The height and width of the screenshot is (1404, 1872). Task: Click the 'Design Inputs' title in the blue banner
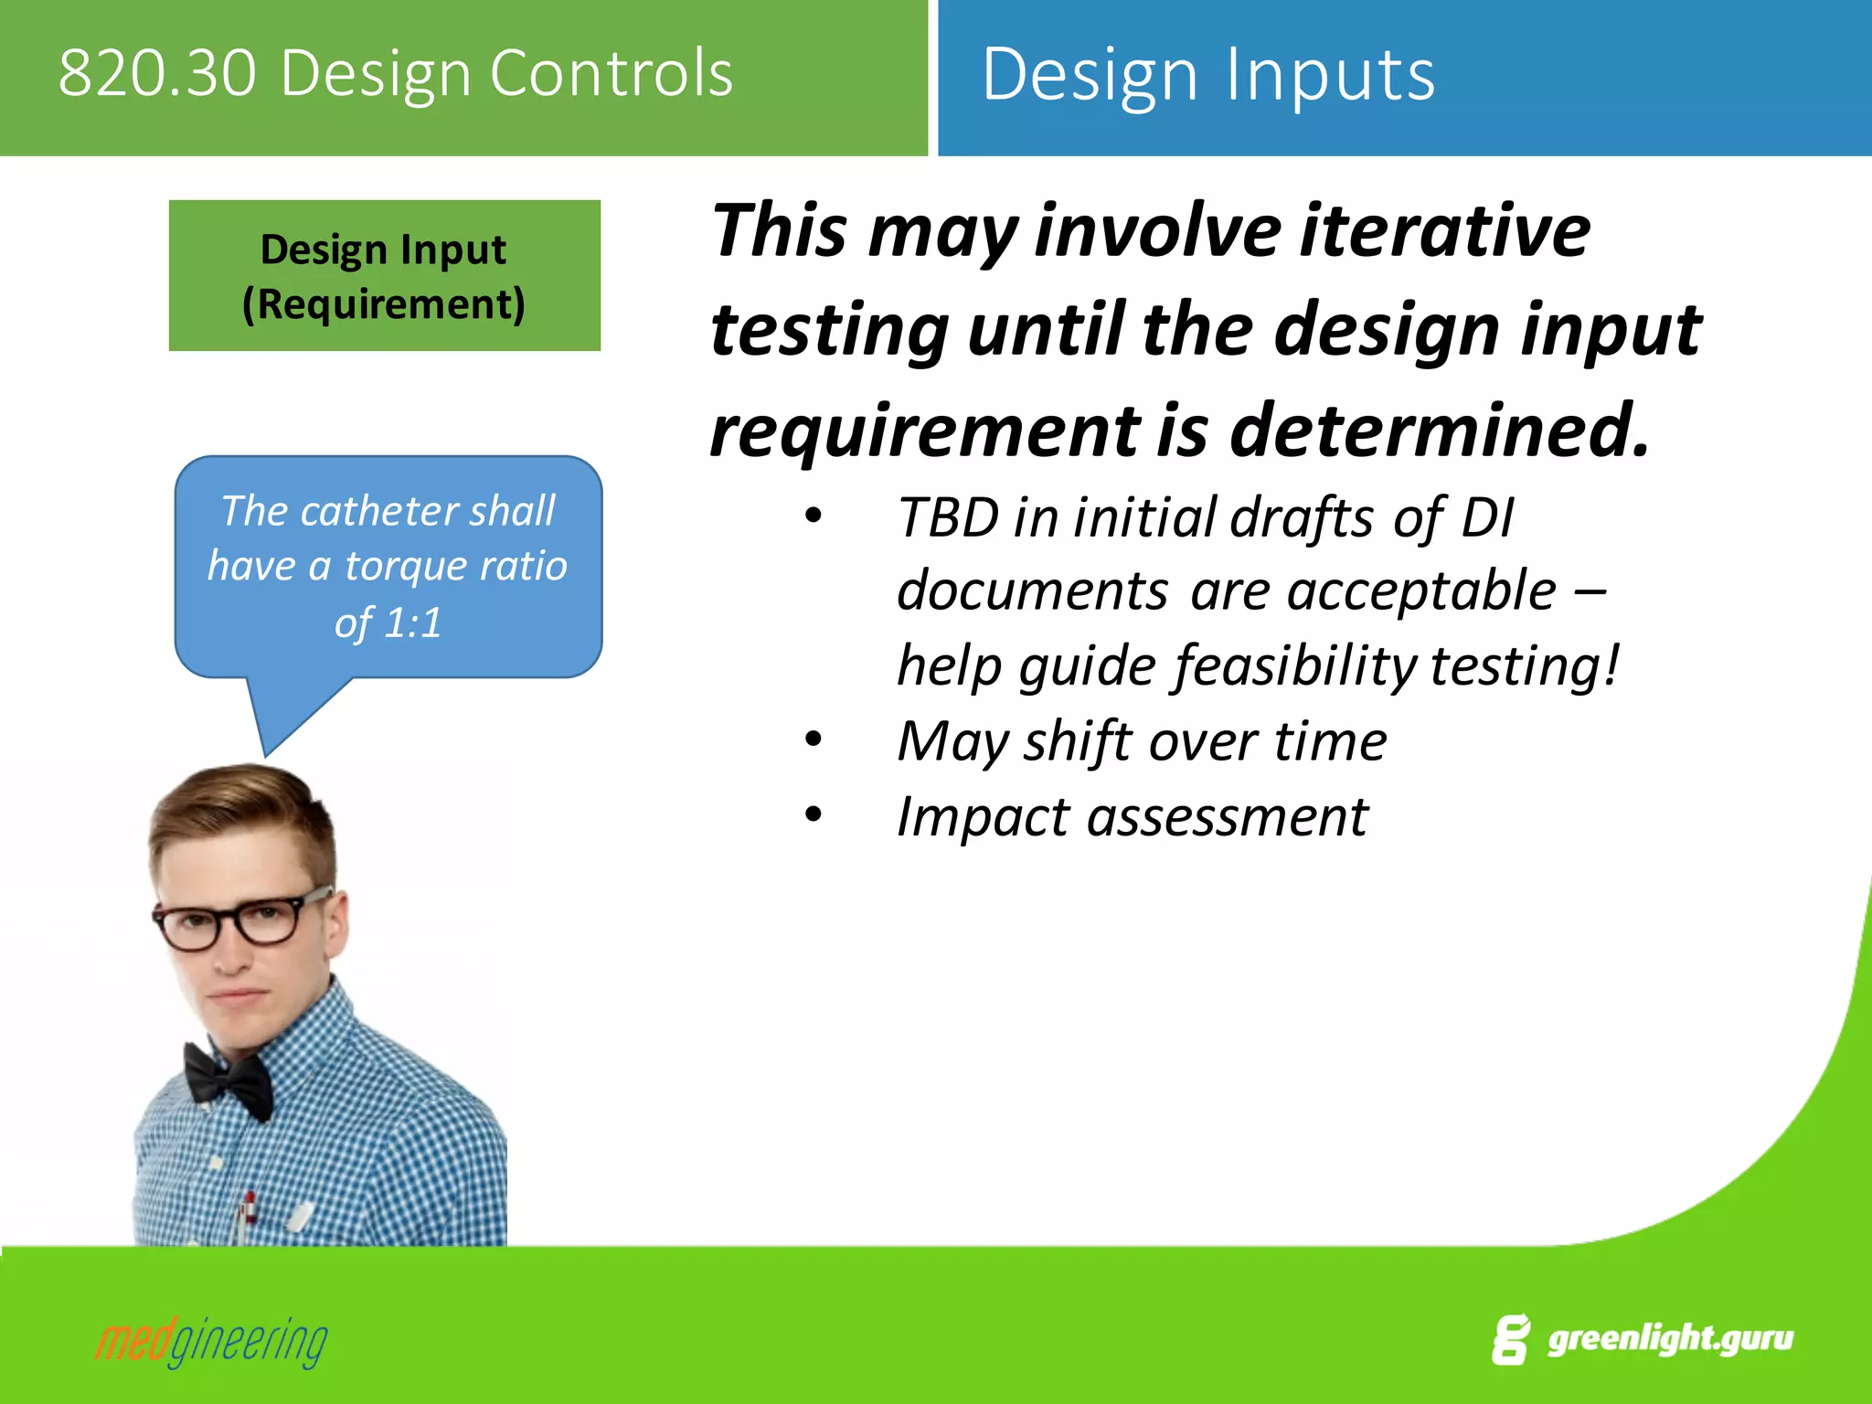click(1207, 75)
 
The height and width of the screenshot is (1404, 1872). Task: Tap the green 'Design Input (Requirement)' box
click(384, 275)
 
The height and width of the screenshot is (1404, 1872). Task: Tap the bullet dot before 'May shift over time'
click(813, 739)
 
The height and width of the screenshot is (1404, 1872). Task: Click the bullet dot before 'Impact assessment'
click(813, 814)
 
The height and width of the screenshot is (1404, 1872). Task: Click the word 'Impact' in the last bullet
click(982, 816)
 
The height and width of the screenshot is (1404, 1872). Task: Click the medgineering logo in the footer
click(211, 1342)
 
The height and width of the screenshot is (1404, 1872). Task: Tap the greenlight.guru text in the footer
click(1669, 1338)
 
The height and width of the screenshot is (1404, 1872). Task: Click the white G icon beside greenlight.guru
click(1511, 1340)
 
